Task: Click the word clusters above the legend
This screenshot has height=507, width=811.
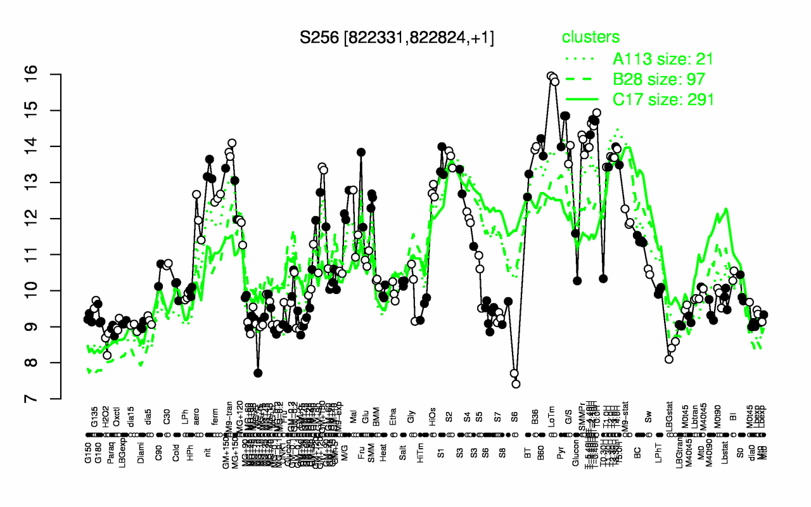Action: click(590, 37)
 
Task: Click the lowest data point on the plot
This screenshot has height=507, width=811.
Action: click(516, 383)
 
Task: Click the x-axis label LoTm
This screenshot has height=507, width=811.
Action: click(552, 421)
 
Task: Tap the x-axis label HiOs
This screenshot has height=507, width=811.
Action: click(432, 422)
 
